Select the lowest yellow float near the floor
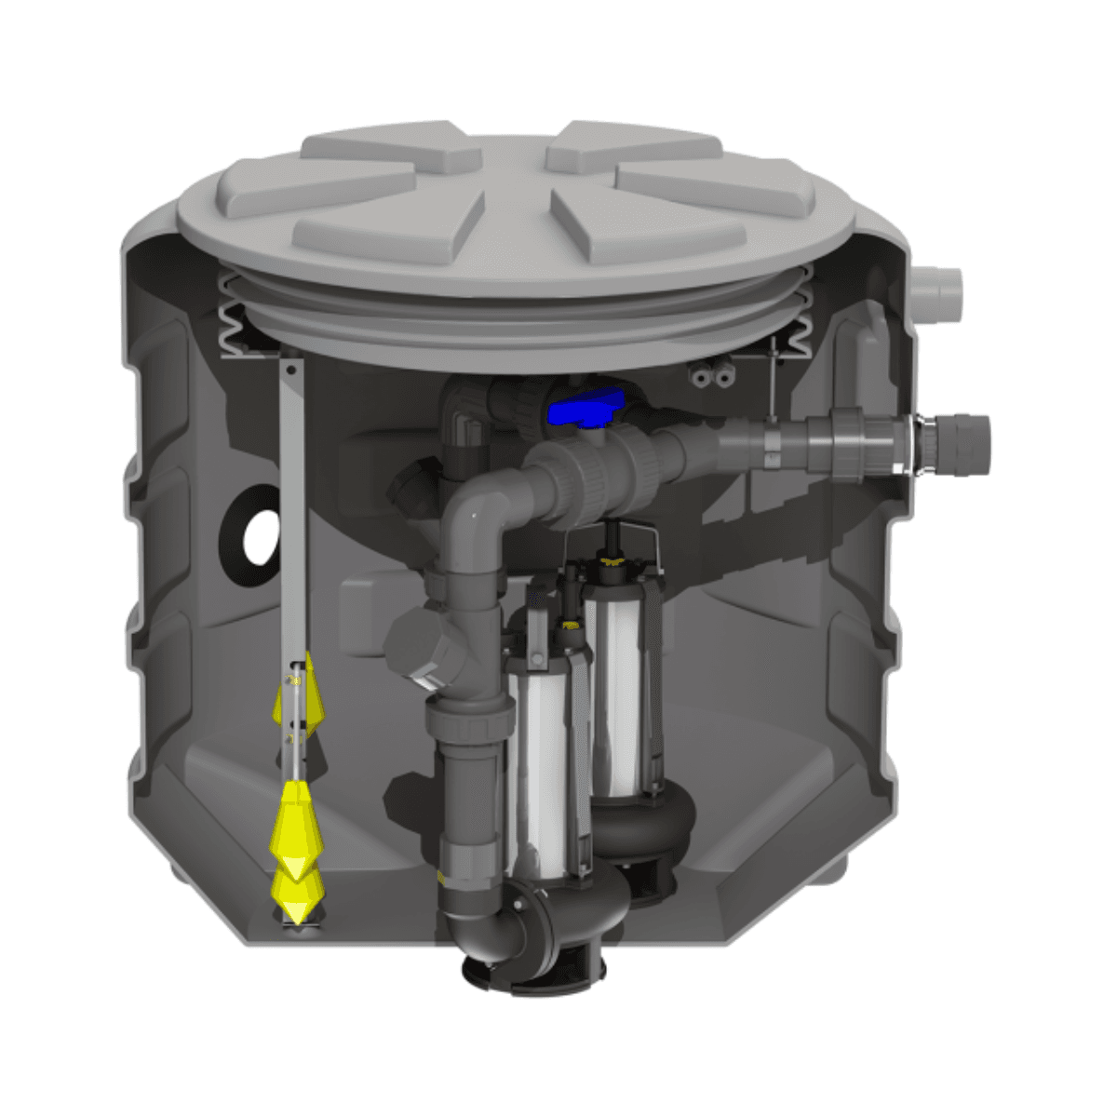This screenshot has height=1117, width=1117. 295,895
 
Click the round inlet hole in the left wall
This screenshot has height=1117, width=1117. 259,536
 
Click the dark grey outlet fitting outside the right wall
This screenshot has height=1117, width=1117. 959,437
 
